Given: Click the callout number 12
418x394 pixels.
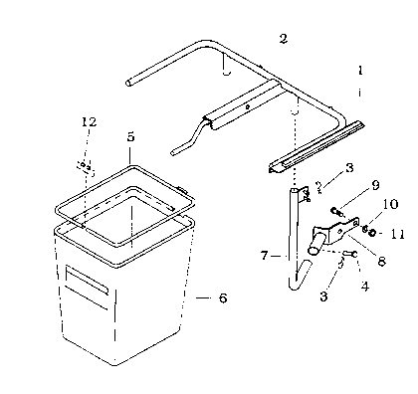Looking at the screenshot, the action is pyautogui.click(x=89, y=121).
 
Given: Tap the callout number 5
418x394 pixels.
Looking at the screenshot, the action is pyautogui.click(x=130, y=136).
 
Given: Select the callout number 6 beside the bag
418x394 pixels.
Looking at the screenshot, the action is pyautogui.click(x=223, y=297).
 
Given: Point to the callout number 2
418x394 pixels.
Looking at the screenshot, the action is pyautogui.click(x=283, y=39).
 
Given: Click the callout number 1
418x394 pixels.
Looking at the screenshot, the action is pyautogui.click(x=360, y=70).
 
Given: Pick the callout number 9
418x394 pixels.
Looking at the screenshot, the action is pyautogui.click(x=375, y=185).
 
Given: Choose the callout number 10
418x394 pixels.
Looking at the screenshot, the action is pyautogui.click(x=391, y=204).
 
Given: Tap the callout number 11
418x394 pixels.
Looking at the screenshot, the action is pyautogui.click(x=397, y=235).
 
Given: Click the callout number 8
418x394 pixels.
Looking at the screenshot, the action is pyautogui.click(x=381, y=261).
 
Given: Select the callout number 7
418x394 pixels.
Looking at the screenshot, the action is pyautogui.click(x=264, y=256).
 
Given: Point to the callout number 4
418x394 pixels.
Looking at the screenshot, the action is pyautogui.click(x=365, y=286).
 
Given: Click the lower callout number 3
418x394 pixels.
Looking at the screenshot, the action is pyautogui.click(x=323, y=295).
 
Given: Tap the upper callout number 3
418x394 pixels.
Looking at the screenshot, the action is pyautogui.click(x=349, y=168).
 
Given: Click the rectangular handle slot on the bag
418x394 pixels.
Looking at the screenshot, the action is pyautogui.click(x=87, y=280).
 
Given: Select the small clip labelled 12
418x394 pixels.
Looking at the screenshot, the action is pyautogui.click(x=86, y=167).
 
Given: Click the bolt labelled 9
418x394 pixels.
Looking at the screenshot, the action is pyautogui.click(x=335, y=211).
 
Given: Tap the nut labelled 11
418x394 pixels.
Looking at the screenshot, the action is pyautogui.click(x=372, y=233).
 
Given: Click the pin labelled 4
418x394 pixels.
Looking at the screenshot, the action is pyautogui.click(x=350, y=254).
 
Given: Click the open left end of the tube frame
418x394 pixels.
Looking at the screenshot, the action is pyautogui.click(x=128, y=83).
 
